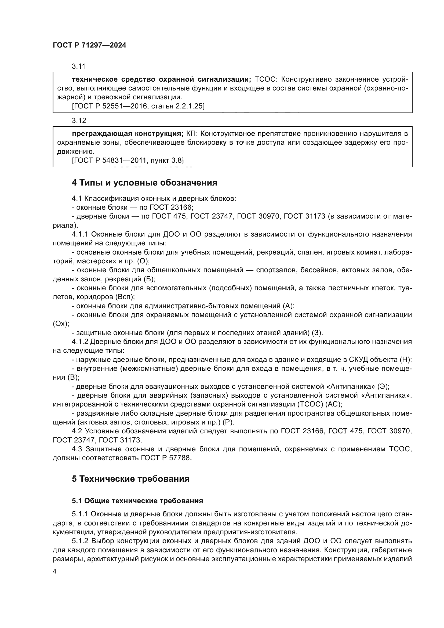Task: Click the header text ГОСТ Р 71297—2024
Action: (89, 45)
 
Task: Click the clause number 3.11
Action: (79, 66)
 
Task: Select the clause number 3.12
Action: (79, 120)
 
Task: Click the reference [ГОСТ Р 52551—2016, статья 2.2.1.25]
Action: (138, 106)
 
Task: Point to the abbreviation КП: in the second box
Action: (194, 133)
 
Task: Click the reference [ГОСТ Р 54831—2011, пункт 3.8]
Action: (128, 160)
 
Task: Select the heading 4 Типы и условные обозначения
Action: (144, 183)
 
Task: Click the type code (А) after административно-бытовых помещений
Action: (288, 306)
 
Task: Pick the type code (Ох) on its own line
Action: (61, 324)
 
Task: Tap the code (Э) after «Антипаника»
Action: (383, 386)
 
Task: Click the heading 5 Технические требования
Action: (131, 479)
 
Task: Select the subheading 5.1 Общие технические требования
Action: (137, 501)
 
